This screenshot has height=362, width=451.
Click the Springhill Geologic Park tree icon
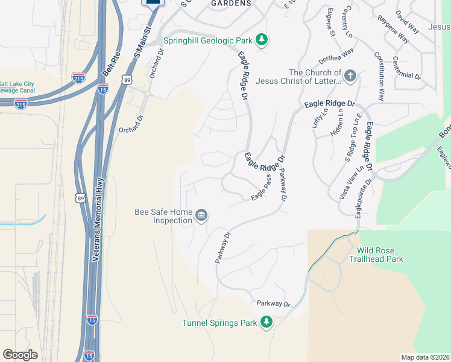(x=262, y=40)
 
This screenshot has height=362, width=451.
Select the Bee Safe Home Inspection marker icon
(x=201, y=215)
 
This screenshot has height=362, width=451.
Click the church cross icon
(x=350, y=76)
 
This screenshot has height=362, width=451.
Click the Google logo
(x=20, y=355)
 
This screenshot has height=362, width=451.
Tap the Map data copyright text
(x=425, y=357)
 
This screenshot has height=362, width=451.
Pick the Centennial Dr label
(x=406, y=68)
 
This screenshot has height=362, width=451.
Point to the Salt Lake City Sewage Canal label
(x=17, y=87)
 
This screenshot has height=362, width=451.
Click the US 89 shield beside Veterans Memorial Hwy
(x=80, y=198)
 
